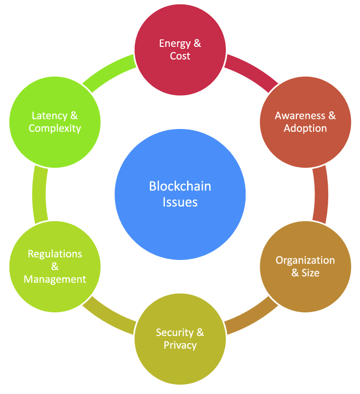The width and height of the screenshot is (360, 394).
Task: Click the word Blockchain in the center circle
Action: pyautogui.click(x=180, y=186)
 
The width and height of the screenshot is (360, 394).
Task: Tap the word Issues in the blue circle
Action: pyautogui.click(x=180, y=202)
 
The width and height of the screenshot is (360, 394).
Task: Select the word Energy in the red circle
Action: pyautogui.click(x=173, y=43)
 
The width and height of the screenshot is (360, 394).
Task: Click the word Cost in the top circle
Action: pyautogui.click(x=180, y=56)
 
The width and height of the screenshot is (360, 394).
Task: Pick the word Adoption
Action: pyautogui.click(x=305, y=128)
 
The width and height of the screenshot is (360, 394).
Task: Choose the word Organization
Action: pyautogui.click(x=305, y=260)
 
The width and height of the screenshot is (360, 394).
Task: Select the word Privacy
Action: pyautogui.click(x=180, y=345)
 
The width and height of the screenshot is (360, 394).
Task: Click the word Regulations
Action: pyautogui.click(x=55, y=253)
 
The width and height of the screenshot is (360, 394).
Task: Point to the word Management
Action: pyautogui.click(x=55, y=279)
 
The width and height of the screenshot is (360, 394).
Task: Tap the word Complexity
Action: pyautogui.click(x=55, y=128)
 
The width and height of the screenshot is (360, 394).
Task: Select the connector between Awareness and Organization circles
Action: pyautogui.click(x=320, y=194)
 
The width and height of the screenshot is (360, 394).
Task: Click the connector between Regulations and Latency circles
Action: pyautogui.click(x=40, y=194)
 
